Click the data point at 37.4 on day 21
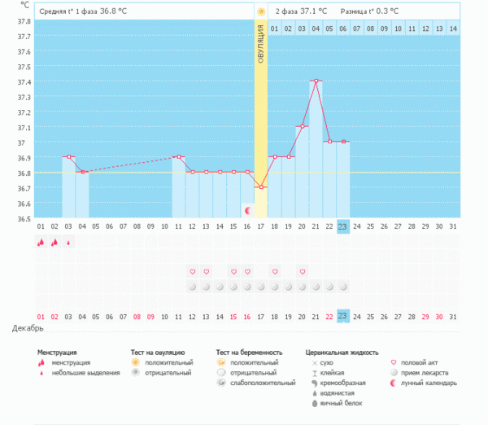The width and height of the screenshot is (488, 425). pyautogui.click(x=316, y=81)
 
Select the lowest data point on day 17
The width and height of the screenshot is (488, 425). pyautogui.click(x=260, y=187)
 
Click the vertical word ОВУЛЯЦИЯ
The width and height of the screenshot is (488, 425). pyautogui.click(x=260, y=45)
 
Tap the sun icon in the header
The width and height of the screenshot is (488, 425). pyautogui.click(x=260, y=11)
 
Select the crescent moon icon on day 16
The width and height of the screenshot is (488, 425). pyautogui.click(x=247, y=211)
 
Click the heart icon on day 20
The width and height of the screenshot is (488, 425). pyautogui.click(x=302, y=271)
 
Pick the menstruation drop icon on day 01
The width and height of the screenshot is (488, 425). pyautogui.click(x=41, y=242)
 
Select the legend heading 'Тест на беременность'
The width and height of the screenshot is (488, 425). pyautogui.click(x=249, y=353)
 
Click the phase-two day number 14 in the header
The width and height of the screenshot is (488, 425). pyautogui.click(x=453, y=28)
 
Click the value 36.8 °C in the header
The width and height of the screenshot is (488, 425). pyautogui.click(x=115, y=11)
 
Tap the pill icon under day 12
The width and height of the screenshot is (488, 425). pyautogui.click(x=192, y=287)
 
